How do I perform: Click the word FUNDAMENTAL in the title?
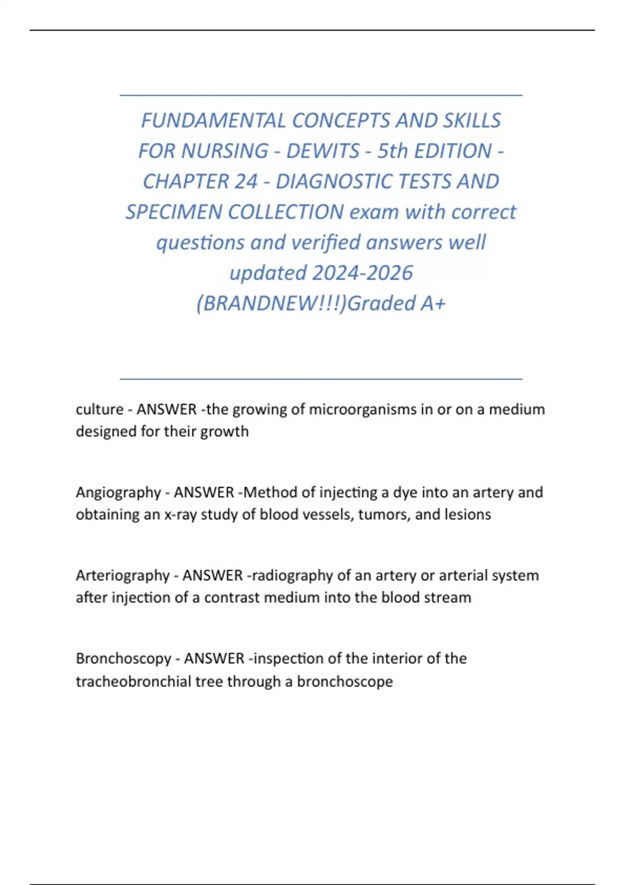pos(214,120)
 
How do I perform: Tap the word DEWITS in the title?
pos(323,151)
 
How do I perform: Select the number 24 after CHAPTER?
pos(246,181)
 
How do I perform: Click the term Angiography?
pos(118,492)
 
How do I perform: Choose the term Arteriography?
pos(122,575)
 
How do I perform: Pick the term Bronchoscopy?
pos(123,659)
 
